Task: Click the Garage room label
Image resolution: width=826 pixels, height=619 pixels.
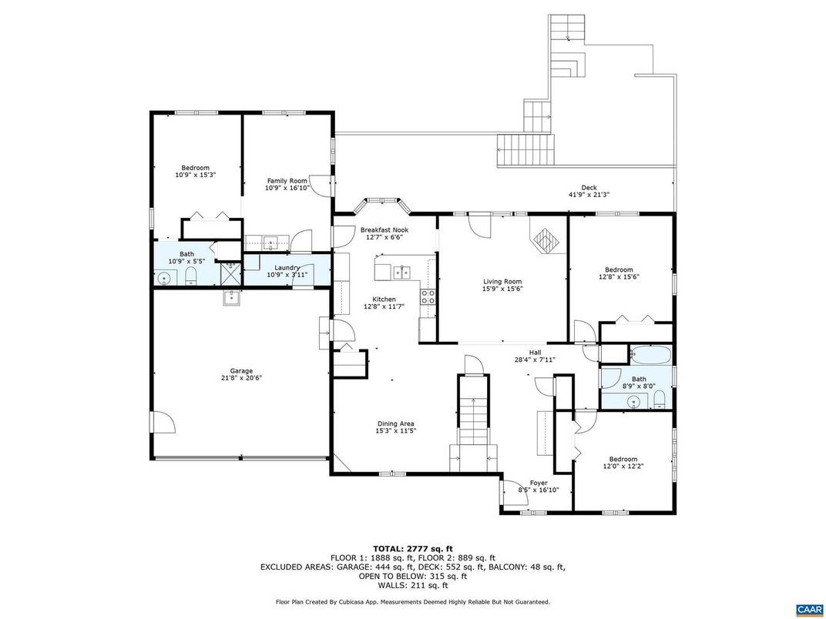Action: (241, 370)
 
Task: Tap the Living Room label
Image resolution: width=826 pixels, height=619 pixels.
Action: (502, 282)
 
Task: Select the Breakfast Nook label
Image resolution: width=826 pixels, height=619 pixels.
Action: (384, 229)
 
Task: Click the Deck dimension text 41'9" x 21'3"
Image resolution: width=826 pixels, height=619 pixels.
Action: (589, 195)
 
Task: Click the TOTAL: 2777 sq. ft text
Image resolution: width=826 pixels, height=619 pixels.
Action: (412, 548)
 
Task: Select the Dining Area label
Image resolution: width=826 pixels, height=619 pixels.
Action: (396, 423)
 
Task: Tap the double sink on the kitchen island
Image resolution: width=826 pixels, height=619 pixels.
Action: (401, 271)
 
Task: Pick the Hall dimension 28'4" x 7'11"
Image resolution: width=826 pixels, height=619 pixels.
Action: (534, 359)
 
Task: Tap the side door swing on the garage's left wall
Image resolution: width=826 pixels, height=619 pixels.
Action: (162, 423)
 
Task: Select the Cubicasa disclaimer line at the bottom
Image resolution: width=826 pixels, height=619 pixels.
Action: (412, 601)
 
